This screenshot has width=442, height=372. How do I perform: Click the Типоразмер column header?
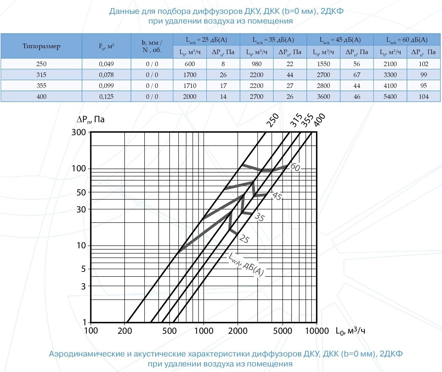41,46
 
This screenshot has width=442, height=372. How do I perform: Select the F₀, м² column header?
106,46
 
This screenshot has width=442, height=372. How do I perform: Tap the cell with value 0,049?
106,64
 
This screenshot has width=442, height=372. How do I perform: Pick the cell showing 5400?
390,97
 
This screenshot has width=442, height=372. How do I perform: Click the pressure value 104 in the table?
423,97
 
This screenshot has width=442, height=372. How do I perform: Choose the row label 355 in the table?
41,86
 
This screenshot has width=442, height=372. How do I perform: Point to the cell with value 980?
257,64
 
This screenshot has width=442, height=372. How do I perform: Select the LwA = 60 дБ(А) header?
407,40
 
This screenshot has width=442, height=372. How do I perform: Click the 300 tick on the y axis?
79,132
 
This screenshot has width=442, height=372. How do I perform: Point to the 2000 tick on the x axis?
238,331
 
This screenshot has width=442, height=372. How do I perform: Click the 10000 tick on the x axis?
317,331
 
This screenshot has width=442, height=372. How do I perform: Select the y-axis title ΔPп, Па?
91,120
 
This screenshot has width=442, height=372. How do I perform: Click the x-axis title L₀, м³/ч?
350,331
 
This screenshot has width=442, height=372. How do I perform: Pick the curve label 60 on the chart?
295,167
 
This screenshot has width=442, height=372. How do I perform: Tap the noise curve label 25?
244,239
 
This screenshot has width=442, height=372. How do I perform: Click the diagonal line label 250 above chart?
272,120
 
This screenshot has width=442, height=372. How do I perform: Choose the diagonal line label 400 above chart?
319,120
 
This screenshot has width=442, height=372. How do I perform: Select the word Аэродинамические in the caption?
87,354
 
